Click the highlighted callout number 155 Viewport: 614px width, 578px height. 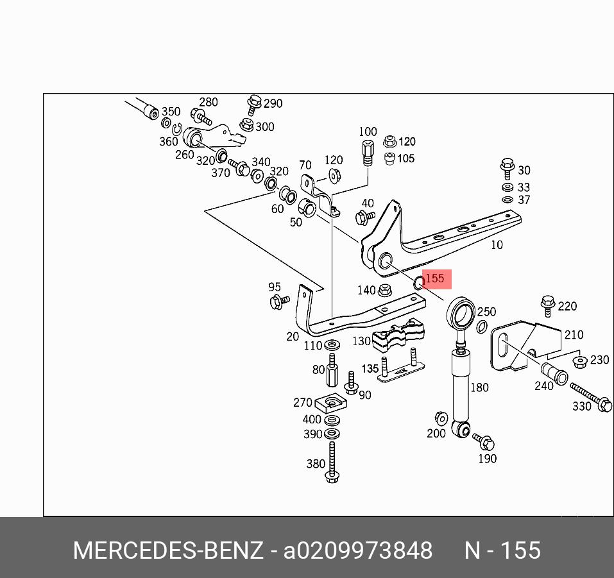(435, 278)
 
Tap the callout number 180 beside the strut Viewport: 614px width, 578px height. (479, 387)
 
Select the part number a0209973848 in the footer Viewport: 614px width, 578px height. (358, 550)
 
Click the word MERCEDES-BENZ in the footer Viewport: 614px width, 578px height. (167, 550)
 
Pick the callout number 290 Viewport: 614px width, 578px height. (273, 103)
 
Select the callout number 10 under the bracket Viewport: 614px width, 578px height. (497, 244)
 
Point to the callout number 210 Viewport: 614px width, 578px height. (574, 334)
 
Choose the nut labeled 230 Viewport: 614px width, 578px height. (580, 362)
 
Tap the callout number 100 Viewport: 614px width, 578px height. (368, 132)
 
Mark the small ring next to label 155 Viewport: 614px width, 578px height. (418, 282)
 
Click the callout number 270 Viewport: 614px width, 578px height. (302, 402)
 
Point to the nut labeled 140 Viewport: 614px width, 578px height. (385, 290)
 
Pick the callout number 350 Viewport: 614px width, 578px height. (171, 112)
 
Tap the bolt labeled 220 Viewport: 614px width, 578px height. (547, 304)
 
